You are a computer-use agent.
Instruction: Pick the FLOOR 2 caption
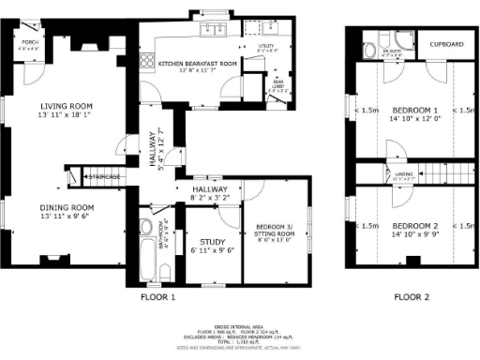[x=412, y=297]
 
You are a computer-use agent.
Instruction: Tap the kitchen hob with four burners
[x=145, y=63]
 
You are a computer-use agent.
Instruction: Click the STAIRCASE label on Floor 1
[x=104, y=175]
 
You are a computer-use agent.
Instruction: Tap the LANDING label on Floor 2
[x=402, y=172]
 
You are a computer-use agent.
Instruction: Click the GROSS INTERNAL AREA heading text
[x=240, y=324]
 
